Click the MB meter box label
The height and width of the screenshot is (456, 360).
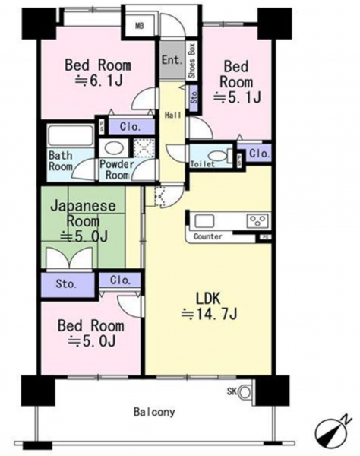coord(140,26)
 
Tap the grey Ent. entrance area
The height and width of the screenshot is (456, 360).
coord(172,59)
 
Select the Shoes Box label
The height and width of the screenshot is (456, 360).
coord(191,60)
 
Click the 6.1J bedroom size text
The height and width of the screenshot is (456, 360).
coord(99,81)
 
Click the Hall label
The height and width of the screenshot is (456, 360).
coord(173,116)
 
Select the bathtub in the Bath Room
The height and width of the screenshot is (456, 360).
coord(71,135)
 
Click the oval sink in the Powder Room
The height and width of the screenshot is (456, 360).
coord(114,148)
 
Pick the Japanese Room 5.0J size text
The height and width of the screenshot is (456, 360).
coord(84,236)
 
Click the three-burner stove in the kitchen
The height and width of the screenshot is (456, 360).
coord(257,220)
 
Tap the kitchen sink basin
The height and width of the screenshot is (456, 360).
coord(204,220)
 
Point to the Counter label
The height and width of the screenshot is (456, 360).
coord(207,236)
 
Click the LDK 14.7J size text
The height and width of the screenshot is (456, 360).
coord(210,314)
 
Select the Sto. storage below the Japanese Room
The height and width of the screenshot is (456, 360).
coord(68,285)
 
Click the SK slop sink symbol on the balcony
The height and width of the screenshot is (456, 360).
coord(245,391)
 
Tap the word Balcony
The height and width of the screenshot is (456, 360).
coord(154,413)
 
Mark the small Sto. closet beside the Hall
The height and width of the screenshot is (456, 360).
coord(194,98)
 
